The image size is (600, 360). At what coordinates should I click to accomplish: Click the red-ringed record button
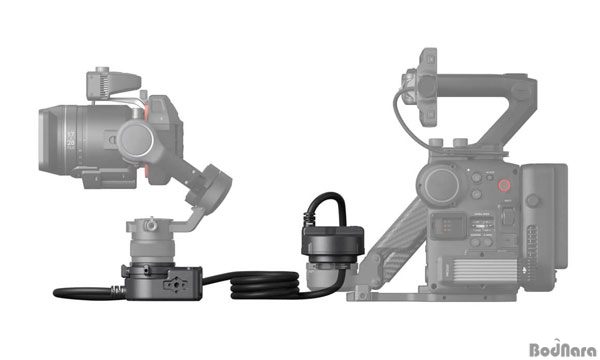point(504,185)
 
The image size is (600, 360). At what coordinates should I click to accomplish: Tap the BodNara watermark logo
point(562,348)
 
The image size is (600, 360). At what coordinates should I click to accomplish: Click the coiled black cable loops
point(265,285)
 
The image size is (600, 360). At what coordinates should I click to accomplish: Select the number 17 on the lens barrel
point(71,135)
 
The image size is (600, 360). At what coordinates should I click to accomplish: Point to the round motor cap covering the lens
point(135,140)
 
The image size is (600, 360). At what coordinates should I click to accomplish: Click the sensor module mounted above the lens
point(113,83)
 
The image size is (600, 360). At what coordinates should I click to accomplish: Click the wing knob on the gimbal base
point(151,224)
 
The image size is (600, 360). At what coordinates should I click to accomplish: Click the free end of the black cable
point(56,293)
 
